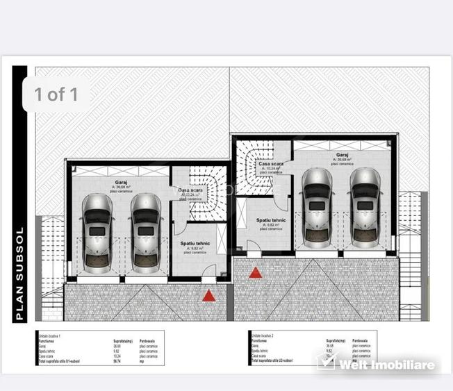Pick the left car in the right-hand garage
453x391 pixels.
[316, 207]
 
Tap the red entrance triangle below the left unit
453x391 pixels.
[208, 296]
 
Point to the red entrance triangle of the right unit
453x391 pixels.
[256, 272]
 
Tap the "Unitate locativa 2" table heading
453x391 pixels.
[263, 334]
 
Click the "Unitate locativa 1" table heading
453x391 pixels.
[50, 334]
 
